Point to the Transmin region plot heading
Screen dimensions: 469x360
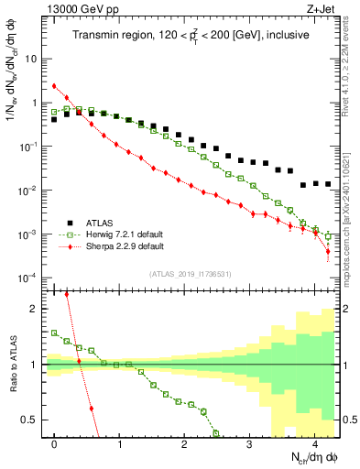pyautogui.click(x=191, y=36)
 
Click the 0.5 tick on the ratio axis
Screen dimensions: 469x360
pyautogui.click(x=32, y=420)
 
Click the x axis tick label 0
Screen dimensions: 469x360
pyautogui.click(x=55, y=442)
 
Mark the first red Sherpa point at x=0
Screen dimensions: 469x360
pyautogui.click(x=55, y=86)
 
